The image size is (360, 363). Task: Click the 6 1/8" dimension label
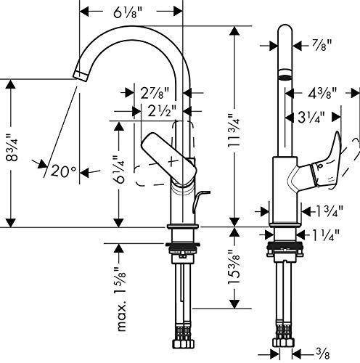tap(127, 12)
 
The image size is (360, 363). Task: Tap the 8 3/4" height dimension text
tap(12, 147)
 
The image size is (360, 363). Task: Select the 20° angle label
tap(63, 171)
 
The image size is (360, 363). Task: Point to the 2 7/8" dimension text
tap(155, 93)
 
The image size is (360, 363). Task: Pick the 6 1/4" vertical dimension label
tap(120, 168)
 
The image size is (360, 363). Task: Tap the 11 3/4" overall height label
tap(234, 130)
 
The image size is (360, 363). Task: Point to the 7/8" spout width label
tap(322, 44)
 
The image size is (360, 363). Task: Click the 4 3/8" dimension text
tap(323, 93)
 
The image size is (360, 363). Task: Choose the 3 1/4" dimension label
tap(311, 118)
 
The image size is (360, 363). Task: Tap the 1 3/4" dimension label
tap(330, 211)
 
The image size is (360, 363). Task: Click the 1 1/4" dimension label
tap(327, 234)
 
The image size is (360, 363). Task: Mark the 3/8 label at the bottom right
tap(323, 354)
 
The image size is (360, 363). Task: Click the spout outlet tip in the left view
tap(81, 76)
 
